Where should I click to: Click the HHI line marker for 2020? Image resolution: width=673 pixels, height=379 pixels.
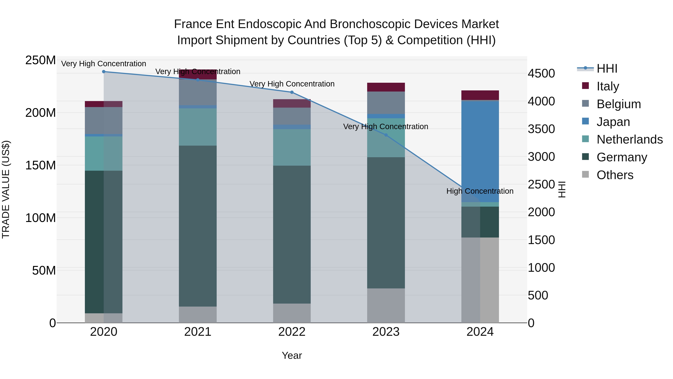click(x=104, y=71)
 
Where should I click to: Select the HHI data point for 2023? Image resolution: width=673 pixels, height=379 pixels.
click(x=386, y=135)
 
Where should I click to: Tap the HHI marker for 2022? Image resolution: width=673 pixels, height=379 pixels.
click(x=292, y=92)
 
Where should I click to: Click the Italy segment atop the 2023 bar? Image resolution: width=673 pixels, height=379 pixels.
click(x=386, y=87)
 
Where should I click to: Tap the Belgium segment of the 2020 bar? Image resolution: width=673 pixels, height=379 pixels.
click(x=104, y=120)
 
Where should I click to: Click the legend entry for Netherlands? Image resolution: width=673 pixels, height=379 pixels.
click(x=629, y=139)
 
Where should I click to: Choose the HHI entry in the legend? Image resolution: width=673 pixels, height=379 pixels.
click(x=607, y=69)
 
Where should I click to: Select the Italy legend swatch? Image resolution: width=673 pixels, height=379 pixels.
click(x=586, y=86)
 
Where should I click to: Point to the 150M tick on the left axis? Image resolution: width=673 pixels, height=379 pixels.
click(x=41, y=165)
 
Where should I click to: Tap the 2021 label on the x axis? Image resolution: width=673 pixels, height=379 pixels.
click(x=198, y=332)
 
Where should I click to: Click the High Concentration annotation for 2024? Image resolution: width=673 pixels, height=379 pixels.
click(x=480, y=191)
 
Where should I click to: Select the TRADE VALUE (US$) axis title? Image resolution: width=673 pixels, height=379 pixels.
click(x=6, y=189)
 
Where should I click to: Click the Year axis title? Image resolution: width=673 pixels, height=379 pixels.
click(x=292, y=355)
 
